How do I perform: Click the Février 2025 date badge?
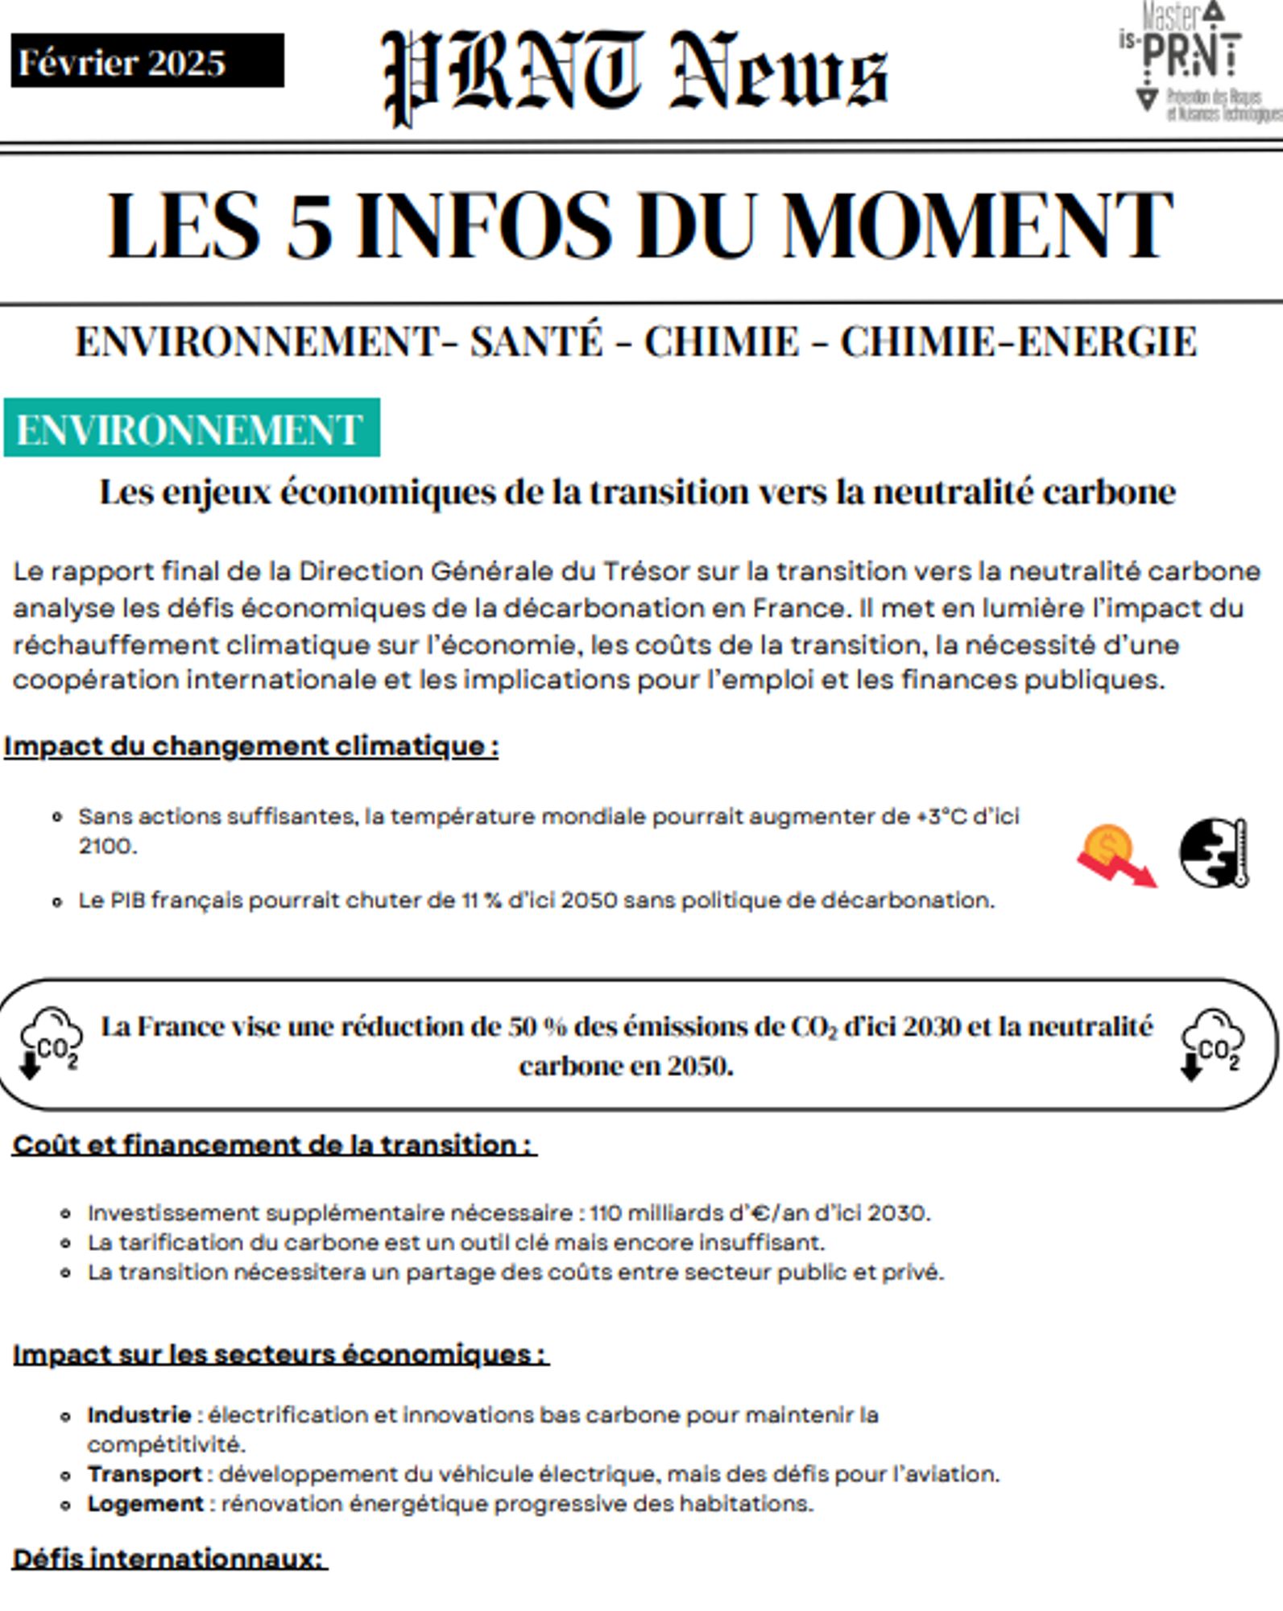(x=147, y=61)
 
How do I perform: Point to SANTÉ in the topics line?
(x=536, y=342)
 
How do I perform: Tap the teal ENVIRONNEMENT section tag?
(x=191, y=429)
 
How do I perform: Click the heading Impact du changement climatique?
(x=251, y=746)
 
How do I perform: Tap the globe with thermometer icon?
(x=1214, y=854)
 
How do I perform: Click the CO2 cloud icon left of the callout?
(x=50, y=1042)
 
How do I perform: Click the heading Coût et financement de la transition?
(x=274, y=1145)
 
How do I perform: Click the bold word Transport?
(x=145, y=1474)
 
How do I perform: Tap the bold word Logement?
(x=146, y=1504)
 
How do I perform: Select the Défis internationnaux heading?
(x=169, y=1559)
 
